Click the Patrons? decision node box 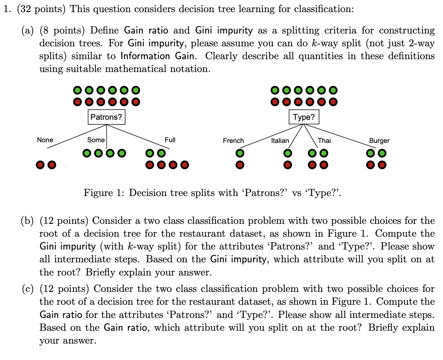tap(106, 117)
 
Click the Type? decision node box tap(304, 117)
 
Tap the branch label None tap(45, 140)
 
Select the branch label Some tap(96, 140)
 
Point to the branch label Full tap(170, 140)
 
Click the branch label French tap(233, 140)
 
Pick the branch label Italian tap(280, 140)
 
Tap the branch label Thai tap(324, 140)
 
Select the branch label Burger tap(379, 140)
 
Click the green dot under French tap(240, 153)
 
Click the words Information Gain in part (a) tap(157, 56)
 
